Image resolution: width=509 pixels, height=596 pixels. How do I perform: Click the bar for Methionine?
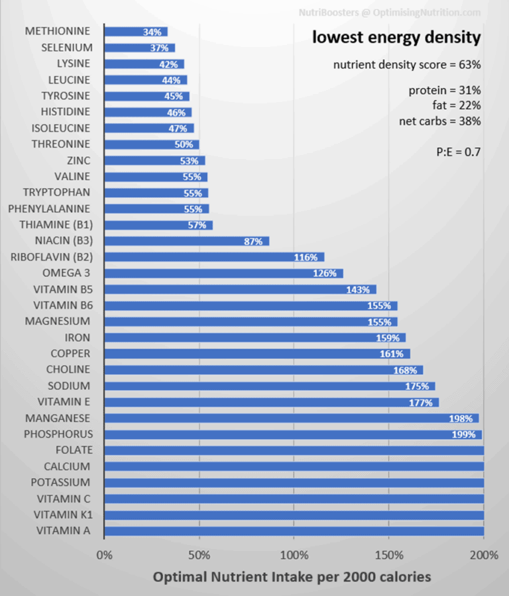[x=136, y=32]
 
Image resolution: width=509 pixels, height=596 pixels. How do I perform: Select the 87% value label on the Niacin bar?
[x=253, y=241]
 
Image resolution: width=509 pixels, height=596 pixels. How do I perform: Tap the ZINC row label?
[x=79, y=160]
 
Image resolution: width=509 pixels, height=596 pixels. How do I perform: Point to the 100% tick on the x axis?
[x=294, y=555]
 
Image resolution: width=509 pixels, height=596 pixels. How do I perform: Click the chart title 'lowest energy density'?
[x=396, y=38]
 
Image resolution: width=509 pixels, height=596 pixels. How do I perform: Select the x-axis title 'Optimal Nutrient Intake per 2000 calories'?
[x=292, y=577]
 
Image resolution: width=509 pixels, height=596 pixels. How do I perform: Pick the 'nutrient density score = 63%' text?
[x=406, y=65]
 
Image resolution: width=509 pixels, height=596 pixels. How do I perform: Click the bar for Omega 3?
[x=223, y=273]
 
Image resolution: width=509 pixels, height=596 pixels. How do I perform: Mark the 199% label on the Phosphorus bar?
[x=463, y=434]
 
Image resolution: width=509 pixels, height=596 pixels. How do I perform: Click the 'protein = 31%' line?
[x=444, y=91]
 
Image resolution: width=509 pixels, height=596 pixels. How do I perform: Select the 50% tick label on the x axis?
[x=199, y=555]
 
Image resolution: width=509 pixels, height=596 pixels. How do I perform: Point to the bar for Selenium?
[x=140, y=48]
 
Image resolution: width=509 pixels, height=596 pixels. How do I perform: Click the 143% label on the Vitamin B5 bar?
[x=358, y=289]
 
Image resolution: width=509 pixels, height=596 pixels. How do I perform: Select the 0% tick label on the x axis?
[x=105, y=555]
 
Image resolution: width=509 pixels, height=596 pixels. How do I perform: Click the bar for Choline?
[x=263, y=370]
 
